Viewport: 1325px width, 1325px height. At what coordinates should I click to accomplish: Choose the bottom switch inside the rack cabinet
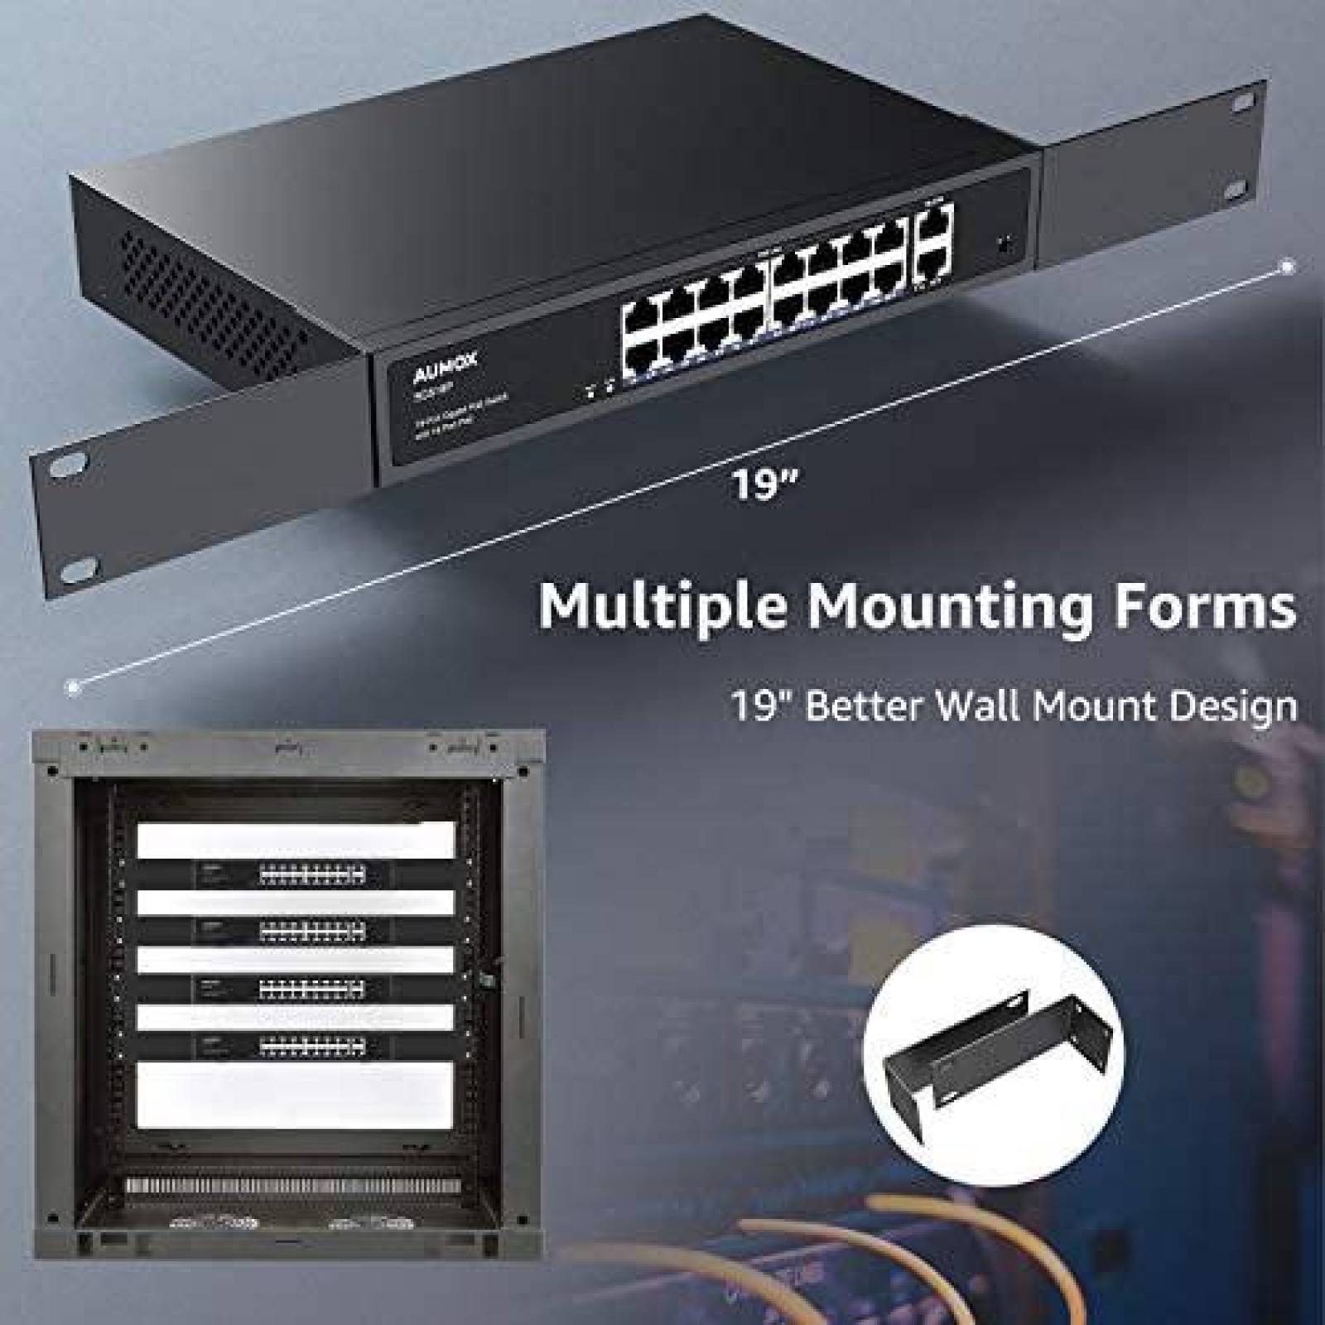coord(296,1046)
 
